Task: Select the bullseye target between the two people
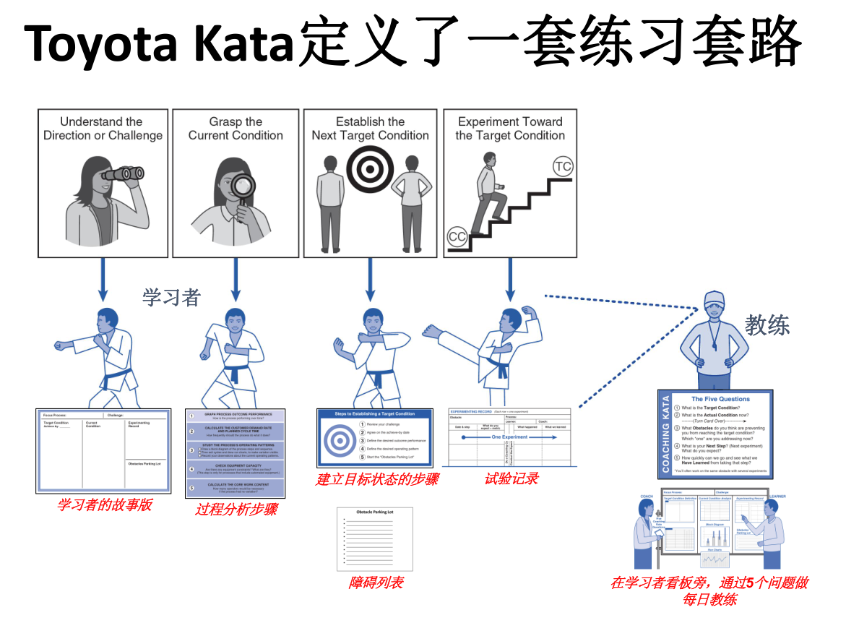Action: [x=369, y=170]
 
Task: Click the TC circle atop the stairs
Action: [x=563, y=167]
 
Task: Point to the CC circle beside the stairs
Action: [x=457, y=236]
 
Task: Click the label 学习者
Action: [x=171, y=297]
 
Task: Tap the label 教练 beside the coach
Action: [x=767, y=325]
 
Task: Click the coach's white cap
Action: [x=713, y=298]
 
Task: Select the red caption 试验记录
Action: [x=511, y=478]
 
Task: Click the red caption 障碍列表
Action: [x=376, y=583]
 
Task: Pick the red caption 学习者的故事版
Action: [x=104, y=504]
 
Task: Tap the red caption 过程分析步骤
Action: [x=236, y=510]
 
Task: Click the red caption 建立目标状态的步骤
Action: [x=376, y=478]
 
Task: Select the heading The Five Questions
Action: [x=720, y=399]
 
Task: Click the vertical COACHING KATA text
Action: [x=666, y=434]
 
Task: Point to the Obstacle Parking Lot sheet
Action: [x=375, y=538]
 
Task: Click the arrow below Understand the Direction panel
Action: [x=103, y=278]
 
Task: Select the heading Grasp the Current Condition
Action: [x=236, y=128]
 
